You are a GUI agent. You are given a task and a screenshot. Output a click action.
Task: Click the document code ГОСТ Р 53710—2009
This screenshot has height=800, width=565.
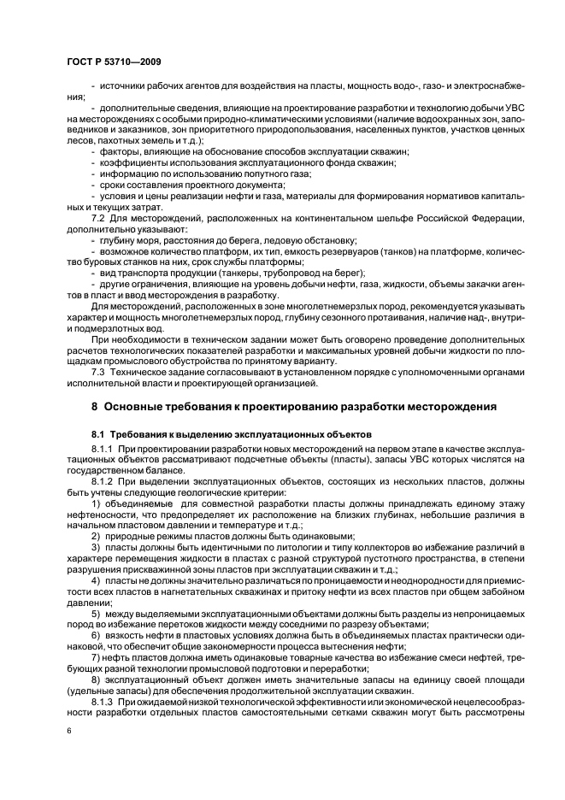pos(114,62)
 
